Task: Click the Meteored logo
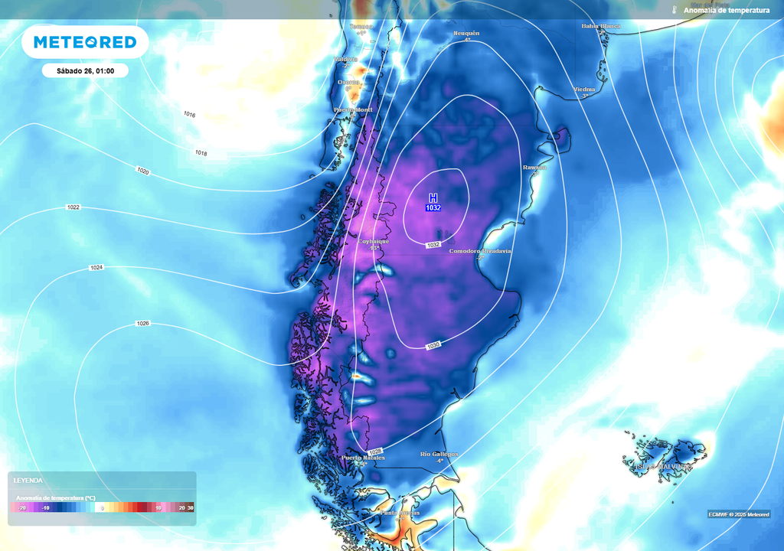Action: coord(85,42)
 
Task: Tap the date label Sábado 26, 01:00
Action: coord(85,70)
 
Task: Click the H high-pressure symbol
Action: coord(433,197)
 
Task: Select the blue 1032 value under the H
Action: coord(433,207)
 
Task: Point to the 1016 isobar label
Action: coord(189,114)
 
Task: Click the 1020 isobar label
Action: coord(143,171)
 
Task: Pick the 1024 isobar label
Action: coord(96,267)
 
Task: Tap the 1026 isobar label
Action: coord(142,323)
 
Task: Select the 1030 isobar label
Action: coord(433,346)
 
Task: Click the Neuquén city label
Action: coord(466,34)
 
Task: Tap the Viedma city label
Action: coord(584,90)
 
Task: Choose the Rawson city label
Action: coord(534,167)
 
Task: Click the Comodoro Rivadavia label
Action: coord(480,251)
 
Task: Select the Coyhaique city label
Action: coord(374,241)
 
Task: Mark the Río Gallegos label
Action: coord(439,454)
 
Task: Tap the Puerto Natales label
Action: coord(363,458)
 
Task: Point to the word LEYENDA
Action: coord(28,481)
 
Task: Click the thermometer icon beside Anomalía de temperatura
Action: coord(675,10)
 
